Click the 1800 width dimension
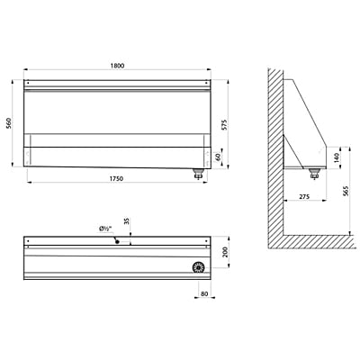click(117, 66)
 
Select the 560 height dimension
click(9, 123)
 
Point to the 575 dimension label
click(225, 125)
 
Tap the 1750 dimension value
click(116, 179)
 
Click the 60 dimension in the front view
click(218, 157)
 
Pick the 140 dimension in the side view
click(337, 157)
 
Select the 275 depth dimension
click(304, 197)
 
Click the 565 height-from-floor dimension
click(345, 191)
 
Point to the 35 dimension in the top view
click(127, 221)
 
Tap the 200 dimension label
click(226, 252)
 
